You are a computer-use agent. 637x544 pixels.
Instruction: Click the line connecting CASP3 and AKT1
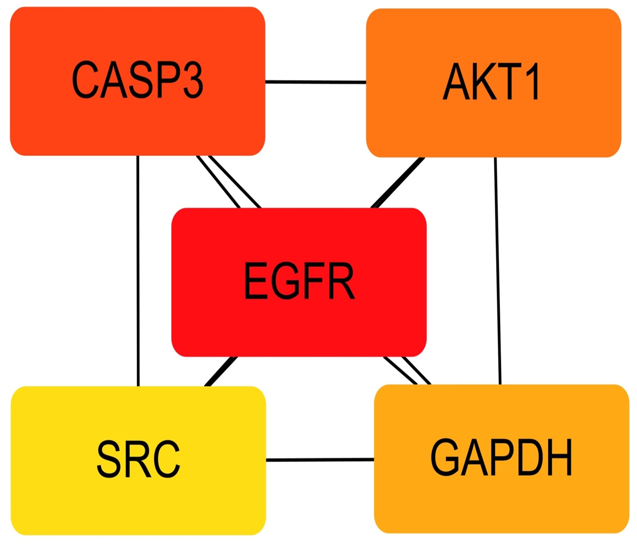click(315, 82)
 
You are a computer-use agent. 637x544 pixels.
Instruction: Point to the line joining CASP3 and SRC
click(138, 271)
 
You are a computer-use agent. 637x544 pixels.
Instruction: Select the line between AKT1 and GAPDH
click(498, 271)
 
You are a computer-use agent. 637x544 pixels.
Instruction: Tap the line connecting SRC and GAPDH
click(320, 460)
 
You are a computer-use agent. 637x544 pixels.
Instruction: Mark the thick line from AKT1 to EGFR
click(397, 182)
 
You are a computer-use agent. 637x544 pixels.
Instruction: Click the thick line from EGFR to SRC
click(221, 371)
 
